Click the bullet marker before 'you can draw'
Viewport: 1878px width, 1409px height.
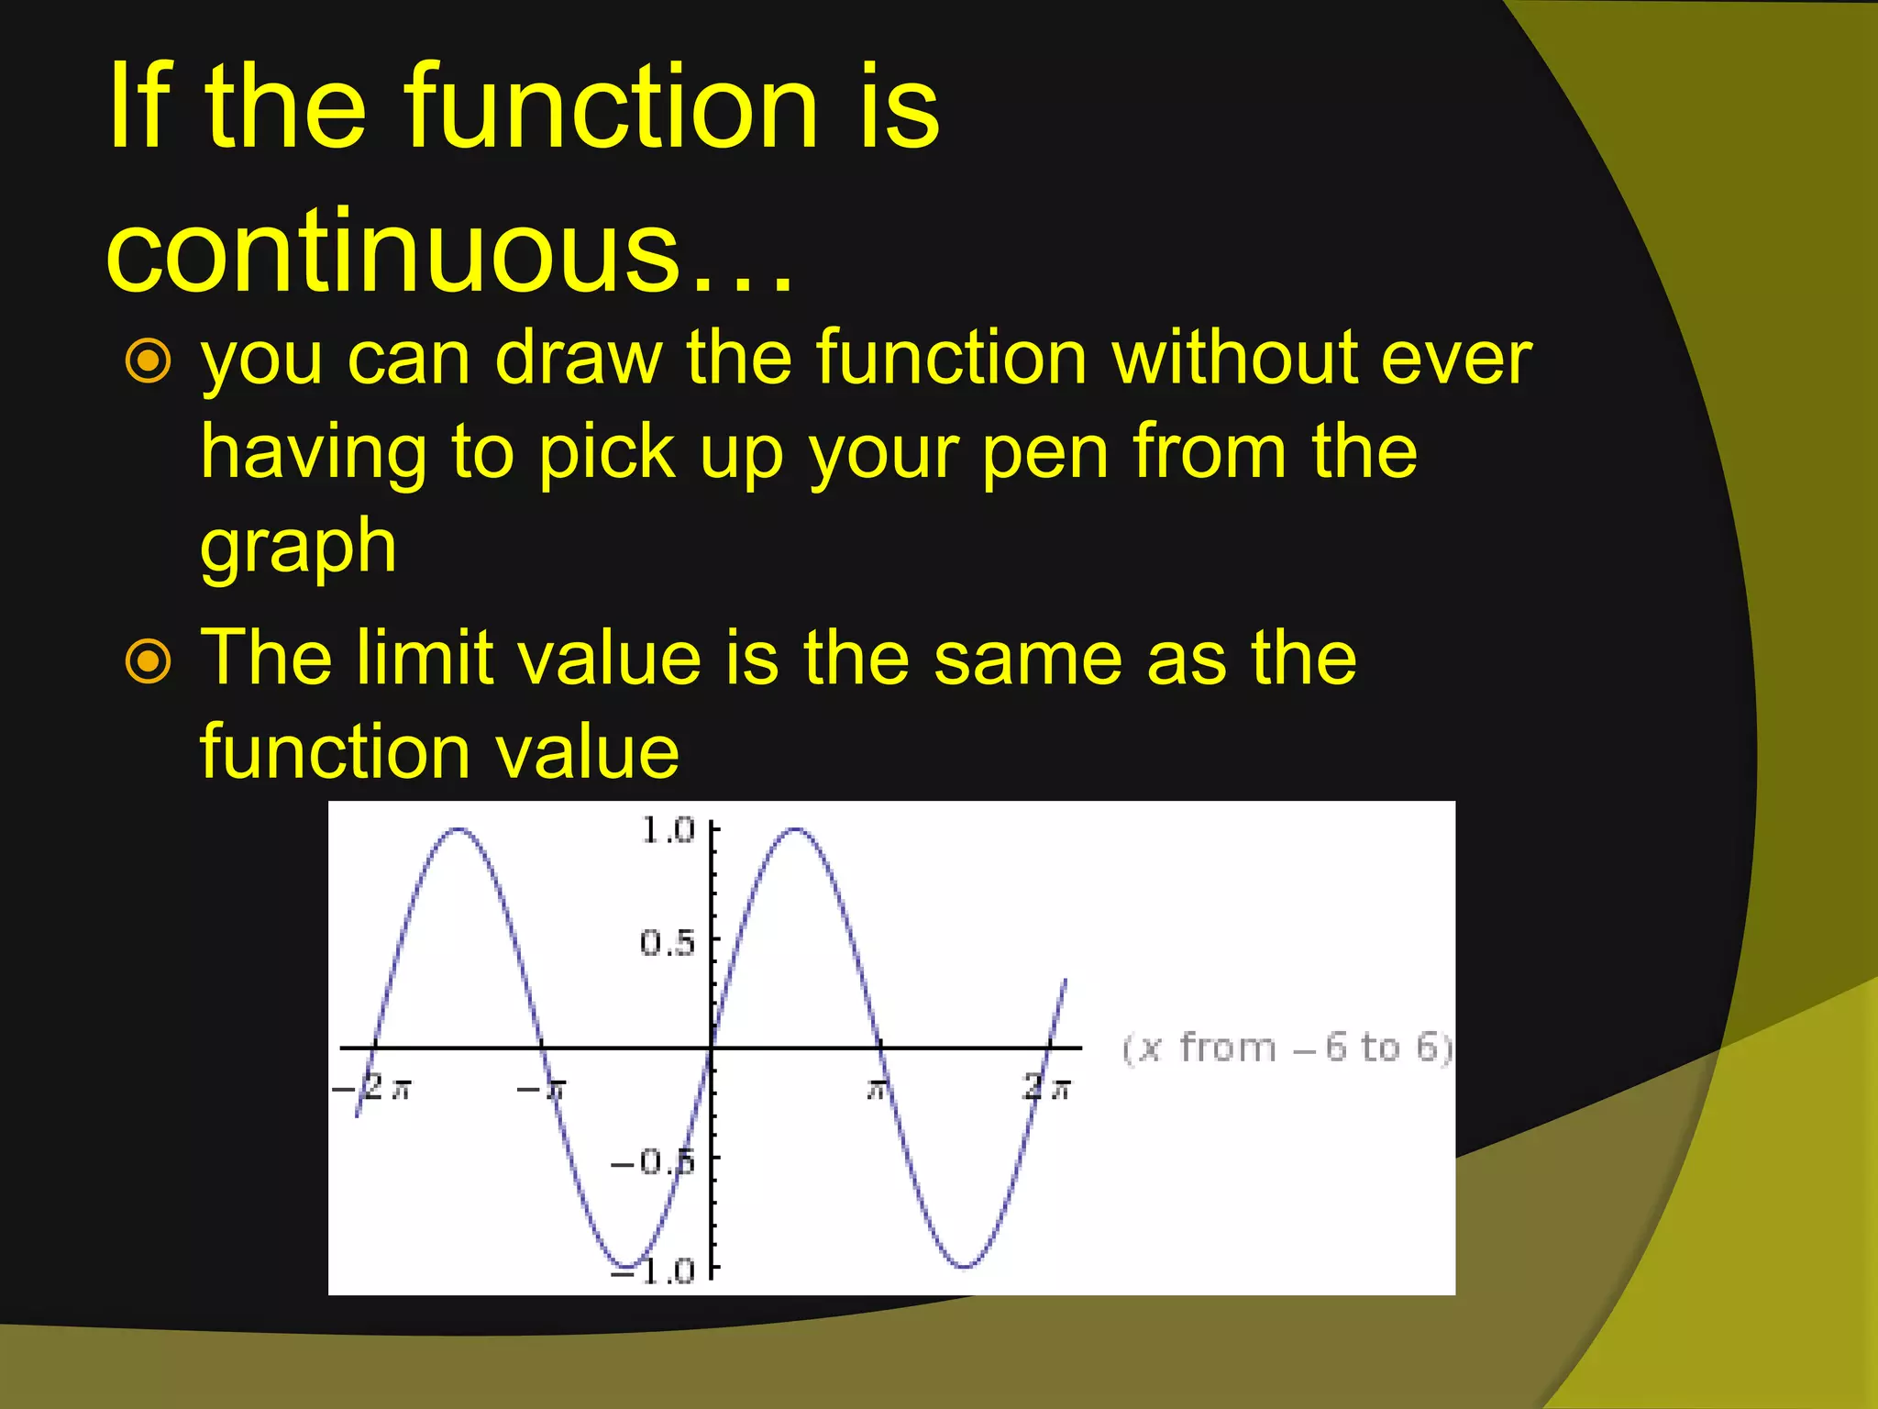tap(149, 361)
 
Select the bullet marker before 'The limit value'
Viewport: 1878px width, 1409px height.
tap(149, 660)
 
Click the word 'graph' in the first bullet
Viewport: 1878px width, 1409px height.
tap(298, 548)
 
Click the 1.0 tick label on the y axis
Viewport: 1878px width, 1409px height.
tap(668, 830)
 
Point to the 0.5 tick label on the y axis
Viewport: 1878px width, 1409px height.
tap(668, 942)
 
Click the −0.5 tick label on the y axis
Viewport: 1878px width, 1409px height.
tap(653, 1162)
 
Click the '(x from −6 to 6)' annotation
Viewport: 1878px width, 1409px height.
tap(1287, 1048)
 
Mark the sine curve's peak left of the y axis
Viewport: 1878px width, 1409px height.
tap(458, 830)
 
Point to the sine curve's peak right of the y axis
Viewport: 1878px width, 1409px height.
tap(796, 830)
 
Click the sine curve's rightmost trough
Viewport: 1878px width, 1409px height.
tap(965, 1267)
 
